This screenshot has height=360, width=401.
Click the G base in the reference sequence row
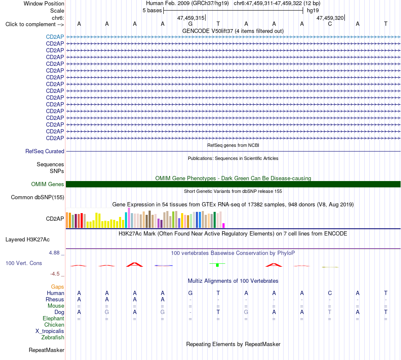coord(190,24)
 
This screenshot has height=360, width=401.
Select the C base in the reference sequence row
coord(330,24)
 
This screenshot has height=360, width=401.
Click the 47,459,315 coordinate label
coord(191,18)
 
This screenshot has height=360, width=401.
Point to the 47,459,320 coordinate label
coord(330,18)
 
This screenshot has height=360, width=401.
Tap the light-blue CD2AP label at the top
coord(55,37)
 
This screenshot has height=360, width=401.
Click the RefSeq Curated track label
coord(45,152)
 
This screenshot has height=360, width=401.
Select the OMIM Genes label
coord(48,184)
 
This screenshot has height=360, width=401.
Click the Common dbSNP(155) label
coord(38,198)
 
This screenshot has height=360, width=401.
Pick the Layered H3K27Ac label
coord(27,240)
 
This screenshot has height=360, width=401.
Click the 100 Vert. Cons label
coord(24,263)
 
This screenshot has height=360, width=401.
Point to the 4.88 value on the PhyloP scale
coord(54,253)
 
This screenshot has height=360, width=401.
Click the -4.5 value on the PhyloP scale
coord(55,274)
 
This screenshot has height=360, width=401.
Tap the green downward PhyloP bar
coord(217,265)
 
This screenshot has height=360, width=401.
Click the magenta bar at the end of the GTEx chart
coord(224,225)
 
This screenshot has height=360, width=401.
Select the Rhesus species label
coord(55,299)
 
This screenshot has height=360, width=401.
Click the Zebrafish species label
coord(53,338)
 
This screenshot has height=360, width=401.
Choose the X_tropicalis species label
coord(50,331)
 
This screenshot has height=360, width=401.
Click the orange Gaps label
coord(57,287)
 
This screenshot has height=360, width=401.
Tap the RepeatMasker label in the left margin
coord(46,350)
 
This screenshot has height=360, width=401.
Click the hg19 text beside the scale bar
coord(313,11)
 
